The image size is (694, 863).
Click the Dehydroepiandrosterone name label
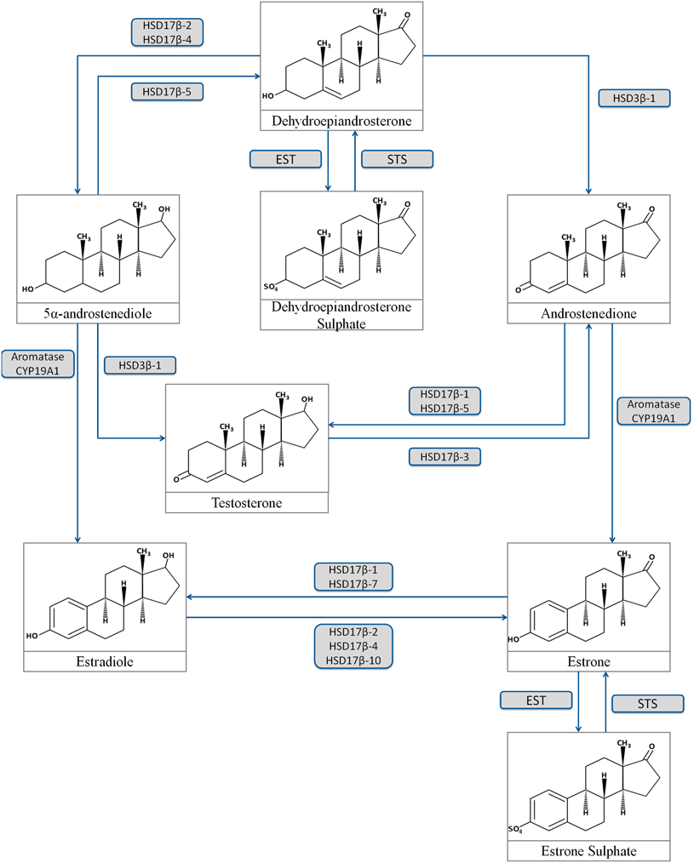(x=341, y=122)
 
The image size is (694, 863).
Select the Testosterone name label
(x=246, y=503)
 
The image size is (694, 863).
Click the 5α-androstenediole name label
(x=98, y=314)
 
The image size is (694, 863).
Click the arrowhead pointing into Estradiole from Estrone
(x=192, y=597)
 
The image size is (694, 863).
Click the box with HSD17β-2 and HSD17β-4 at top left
(x=167, y=31)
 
